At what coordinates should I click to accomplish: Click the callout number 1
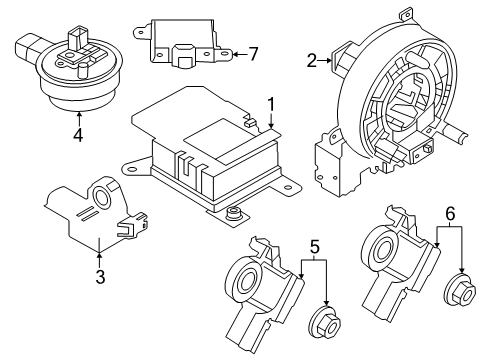pos(269,103)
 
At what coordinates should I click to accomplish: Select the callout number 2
pos(310,60)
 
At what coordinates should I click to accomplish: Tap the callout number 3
pos(99,276)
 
